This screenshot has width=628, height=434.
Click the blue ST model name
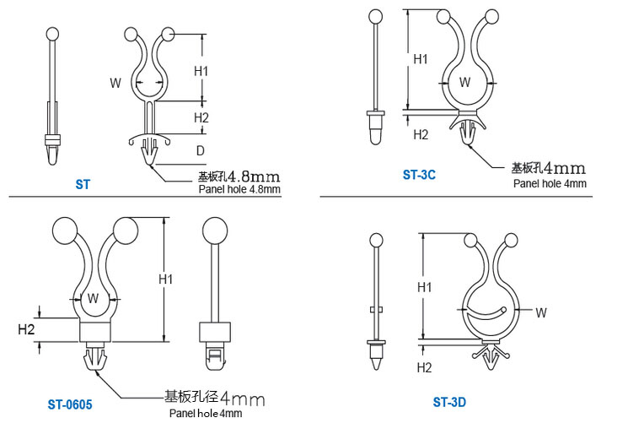click(83, 185)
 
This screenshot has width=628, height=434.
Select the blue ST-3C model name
click(419, 175)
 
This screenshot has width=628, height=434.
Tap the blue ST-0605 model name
click(70, 404)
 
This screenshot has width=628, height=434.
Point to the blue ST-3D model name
click(449, 402)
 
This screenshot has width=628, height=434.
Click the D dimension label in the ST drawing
click(201, 151)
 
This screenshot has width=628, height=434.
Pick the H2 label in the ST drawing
click(201, 118)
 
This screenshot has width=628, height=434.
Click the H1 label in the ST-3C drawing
click(421, 59)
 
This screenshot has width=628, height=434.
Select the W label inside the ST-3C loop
click(464, 82)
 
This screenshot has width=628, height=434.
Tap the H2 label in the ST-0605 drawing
click(26, 329)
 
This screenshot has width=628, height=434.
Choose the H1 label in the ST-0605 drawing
click(166, 279)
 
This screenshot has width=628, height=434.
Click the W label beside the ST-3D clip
click(541, 313)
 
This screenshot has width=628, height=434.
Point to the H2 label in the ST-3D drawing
click(424, 367)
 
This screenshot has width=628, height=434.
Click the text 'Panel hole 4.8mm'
click(239, 189)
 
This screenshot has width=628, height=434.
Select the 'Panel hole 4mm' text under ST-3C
click(550, 184)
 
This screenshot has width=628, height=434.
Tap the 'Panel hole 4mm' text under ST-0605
click(206, 413)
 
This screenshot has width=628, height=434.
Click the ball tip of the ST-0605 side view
click(215, 231)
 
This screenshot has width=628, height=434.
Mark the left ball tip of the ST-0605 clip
click(65, 231)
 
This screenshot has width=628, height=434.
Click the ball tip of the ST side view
click(52, 34)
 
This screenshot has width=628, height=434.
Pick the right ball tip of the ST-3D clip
click(511, 240)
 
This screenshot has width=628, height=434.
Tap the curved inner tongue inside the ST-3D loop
click(486, 313)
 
